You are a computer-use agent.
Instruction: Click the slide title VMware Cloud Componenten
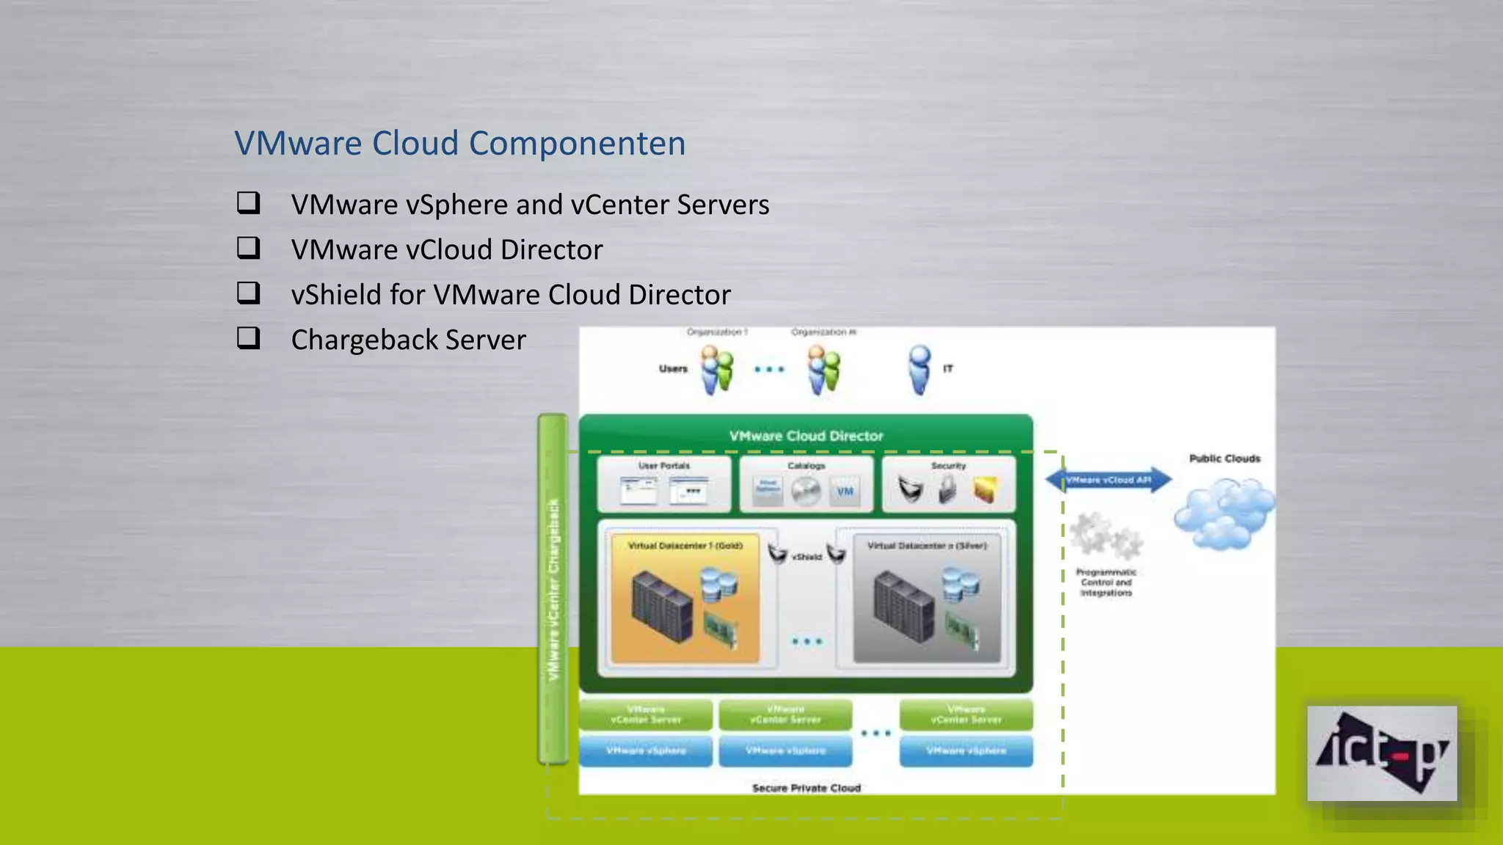pos(459,143)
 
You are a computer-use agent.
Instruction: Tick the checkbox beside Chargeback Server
pos(248,338)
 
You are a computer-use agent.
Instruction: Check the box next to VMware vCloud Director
pos(248,248)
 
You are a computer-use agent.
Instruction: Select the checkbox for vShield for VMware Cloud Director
pos(248,293)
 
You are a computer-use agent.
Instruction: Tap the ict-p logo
pos(1381,753)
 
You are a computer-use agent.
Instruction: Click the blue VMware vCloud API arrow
pos(1108,480)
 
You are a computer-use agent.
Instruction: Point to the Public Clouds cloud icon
pos(1223,513)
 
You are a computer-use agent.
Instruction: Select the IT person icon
pos(919,369)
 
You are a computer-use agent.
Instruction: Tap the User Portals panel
pos(664,484)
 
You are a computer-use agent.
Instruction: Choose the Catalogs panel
pos(806,484)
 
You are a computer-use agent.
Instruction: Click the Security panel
pos(948,484)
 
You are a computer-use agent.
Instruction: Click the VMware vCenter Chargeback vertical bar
pos(553,589)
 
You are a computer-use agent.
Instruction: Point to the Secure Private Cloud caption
pos(806,788)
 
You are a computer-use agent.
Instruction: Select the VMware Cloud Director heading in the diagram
pos(806,436)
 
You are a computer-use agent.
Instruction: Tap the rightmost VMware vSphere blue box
pos(966,751)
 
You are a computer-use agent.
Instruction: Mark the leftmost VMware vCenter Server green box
pos(646,714)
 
